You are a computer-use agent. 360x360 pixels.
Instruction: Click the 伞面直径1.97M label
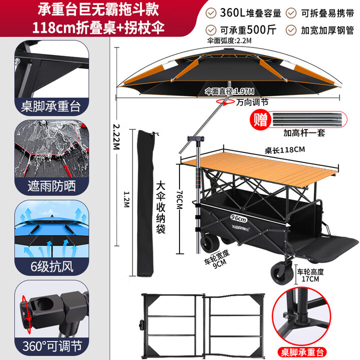[x=229, y=91]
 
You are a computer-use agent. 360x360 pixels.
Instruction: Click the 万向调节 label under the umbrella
[x=252, y=101]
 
